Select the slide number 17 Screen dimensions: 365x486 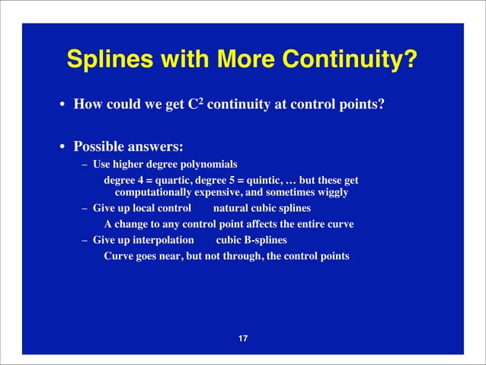click(243, 338)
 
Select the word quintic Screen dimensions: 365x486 click(261, 180)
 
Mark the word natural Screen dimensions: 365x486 click(232, 208)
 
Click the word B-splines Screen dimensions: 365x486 click(262, 240)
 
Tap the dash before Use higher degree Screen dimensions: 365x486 click(86, 164)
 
